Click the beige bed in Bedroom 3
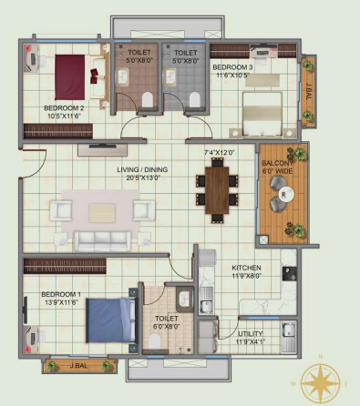[265, 113]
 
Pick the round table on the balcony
[284, 193]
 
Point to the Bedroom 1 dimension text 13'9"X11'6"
[60, 305]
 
